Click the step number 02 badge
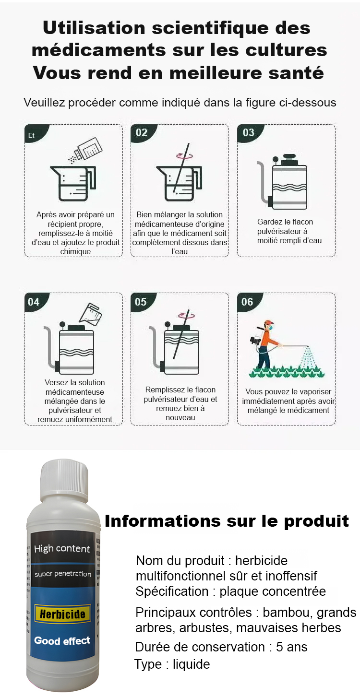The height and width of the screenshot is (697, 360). tap(142, 133)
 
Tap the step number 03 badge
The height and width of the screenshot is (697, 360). tap(249, 133)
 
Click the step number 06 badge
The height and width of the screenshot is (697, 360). tap(248, 302)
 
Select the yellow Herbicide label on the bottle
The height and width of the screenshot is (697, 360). tap(62, 614)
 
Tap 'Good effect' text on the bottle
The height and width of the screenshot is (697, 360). tap(62, 640)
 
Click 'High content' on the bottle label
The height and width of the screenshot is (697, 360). tap(62, 549)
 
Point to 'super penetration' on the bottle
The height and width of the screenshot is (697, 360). tap(63, 574)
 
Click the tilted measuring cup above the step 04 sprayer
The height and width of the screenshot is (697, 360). tap(90, 313)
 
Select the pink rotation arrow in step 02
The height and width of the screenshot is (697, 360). tap(184, 155)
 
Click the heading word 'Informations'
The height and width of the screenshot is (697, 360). tap(162, 521)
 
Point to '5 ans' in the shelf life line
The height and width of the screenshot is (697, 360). tap(291, 647)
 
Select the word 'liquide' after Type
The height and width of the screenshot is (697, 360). tap(191, 664)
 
